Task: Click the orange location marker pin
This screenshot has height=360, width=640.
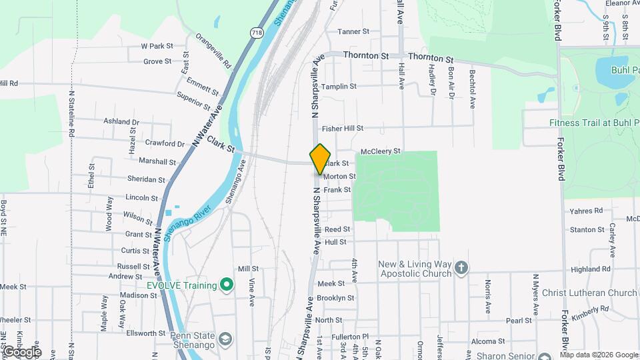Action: [321, 159]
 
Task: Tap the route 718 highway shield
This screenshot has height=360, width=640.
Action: [257, 32]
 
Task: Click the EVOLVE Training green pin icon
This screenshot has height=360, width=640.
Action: [227, 285]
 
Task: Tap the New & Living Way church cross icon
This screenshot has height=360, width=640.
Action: [461, 269]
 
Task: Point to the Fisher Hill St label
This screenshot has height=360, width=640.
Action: [342, 128]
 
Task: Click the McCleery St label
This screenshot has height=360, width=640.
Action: [380, 151]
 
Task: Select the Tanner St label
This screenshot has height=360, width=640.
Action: [353, 31]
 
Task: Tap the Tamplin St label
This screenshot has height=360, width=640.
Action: [339, 87]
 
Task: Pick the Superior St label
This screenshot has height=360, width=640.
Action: [193, 101]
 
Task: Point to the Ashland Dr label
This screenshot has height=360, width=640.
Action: [121, 122]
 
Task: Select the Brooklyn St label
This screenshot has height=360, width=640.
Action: [335, 298]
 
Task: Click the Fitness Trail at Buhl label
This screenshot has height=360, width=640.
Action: [593, 123]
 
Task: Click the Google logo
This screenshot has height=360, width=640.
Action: [21, 352]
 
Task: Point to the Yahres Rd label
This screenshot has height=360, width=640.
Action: [586, 211]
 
